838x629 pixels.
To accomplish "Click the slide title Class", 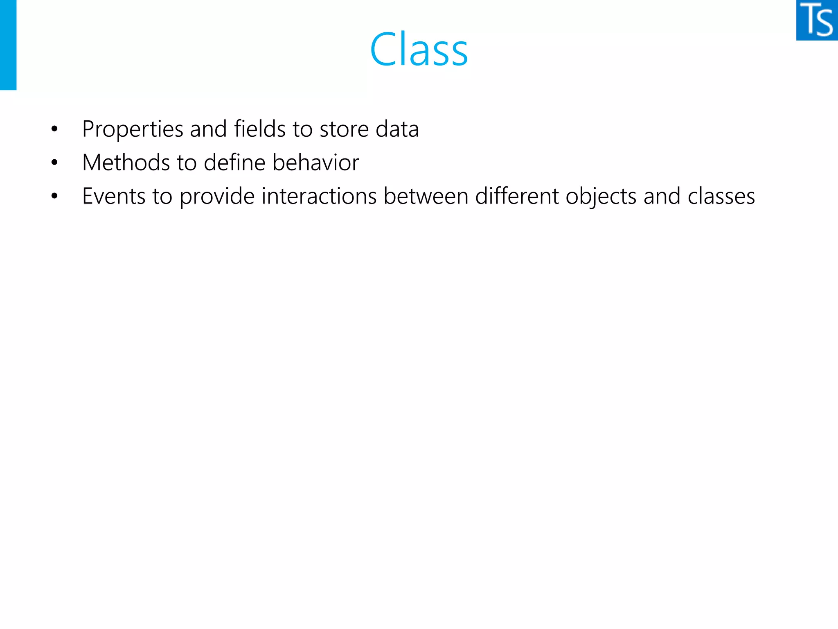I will [x=419, y=50].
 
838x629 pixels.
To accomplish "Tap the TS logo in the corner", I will [x=817, y=20].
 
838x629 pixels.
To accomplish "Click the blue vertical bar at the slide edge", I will [x=8, y=45].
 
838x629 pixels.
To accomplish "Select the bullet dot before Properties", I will [x=54, y=129].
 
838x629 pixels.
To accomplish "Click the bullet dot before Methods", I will [x=54, y=163].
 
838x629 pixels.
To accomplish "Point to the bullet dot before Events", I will [x=54, y=197].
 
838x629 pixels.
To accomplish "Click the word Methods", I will [x=126, y=163].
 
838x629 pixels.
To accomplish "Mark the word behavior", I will [x=315, y=163].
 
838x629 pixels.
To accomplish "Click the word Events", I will [x=114, y=196].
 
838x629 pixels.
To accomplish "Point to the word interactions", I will [x=319, y=196].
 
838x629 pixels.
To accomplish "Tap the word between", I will [x=426, y=196].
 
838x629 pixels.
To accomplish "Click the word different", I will [x=517, y=196].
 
